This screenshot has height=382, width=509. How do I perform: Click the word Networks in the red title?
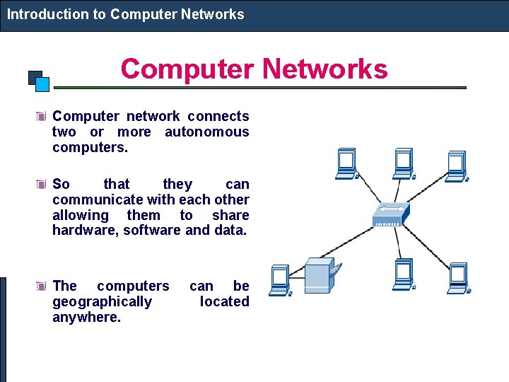click(x=325, y=69)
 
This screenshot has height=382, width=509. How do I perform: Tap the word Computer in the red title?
click(x=186, y=69)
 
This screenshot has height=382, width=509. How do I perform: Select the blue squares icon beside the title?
click(x=39, y=80)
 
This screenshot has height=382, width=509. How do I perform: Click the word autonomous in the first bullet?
click(x=206, y=132)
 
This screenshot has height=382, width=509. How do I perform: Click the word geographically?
click(x=102, y=302)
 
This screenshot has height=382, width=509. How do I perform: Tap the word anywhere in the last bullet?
click(x=86, y=318)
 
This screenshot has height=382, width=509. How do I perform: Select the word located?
click(x=224, y=302)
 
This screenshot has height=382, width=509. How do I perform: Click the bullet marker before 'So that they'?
click(x=42, y=185)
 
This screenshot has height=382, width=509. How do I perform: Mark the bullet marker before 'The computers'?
click(x=42, y=286)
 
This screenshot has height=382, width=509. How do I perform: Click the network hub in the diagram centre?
click(x=391, y=215)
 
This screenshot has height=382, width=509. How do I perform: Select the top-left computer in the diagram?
click(x=347, y=164)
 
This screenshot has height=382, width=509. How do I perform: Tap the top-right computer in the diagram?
click(x=456, y=164)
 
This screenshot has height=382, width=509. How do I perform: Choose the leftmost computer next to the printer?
click(x=280, y=279)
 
